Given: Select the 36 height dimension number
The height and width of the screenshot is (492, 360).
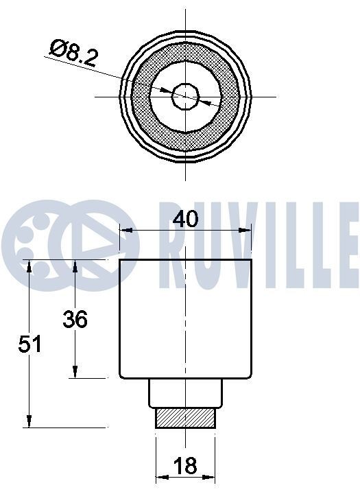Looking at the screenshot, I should pyautogui.click(x=75, y=319).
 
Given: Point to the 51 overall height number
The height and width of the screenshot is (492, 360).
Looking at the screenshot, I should pyautogui.click(x=30, y=344).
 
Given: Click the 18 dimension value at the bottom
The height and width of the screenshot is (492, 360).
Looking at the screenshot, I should pyautogui.click(x=185, y=467).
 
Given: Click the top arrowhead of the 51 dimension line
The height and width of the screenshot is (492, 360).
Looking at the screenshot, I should pyautogui.click(x=29, y=266).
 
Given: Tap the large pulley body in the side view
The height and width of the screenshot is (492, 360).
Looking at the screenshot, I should pyautogui.click(x=185, y=319).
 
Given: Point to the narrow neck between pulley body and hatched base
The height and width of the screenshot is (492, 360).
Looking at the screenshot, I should pyautogui.click(x=187, y=393).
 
